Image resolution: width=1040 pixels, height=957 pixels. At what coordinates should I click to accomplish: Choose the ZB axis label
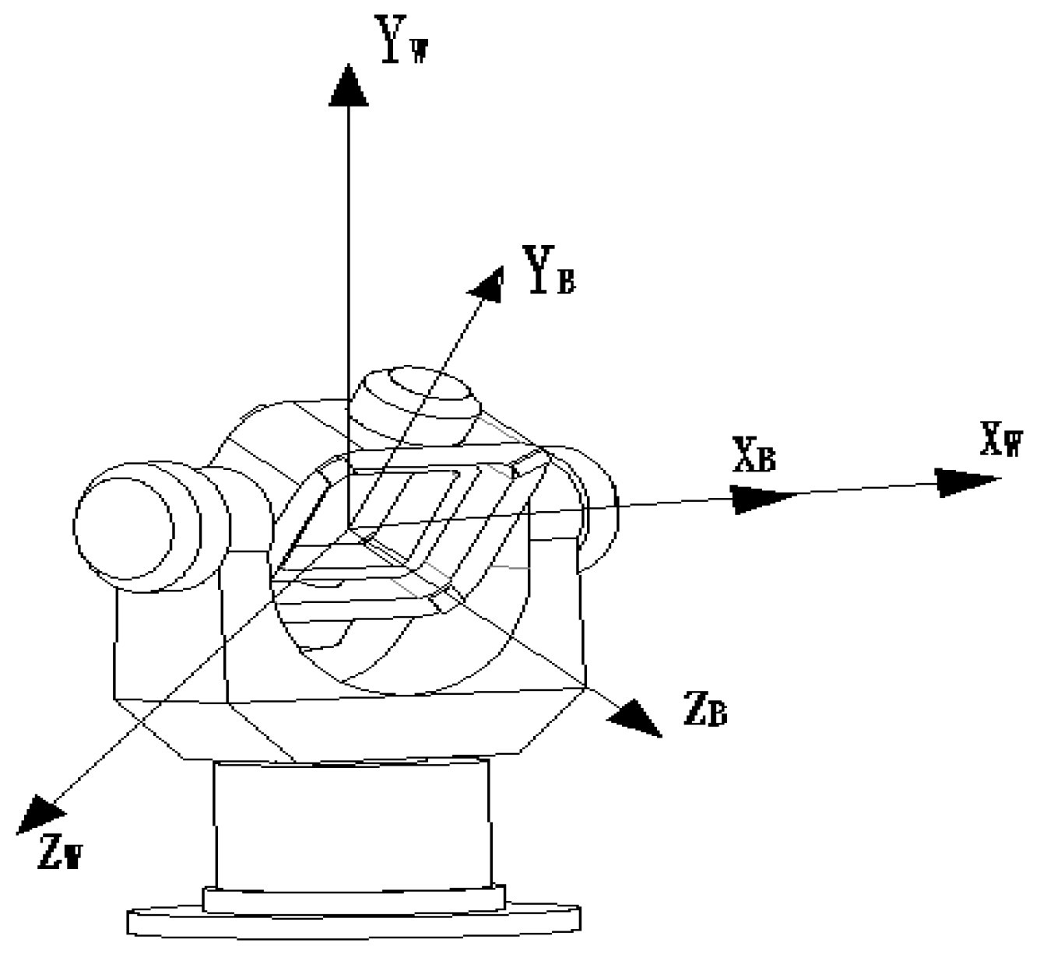[x=705, y=710]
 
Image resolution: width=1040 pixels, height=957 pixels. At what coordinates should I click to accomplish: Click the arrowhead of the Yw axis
[x=348, y=84]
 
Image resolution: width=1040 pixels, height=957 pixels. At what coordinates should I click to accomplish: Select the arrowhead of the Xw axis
[x=965, y=482]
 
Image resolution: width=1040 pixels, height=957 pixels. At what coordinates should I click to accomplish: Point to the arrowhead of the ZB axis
[x=634, y=716]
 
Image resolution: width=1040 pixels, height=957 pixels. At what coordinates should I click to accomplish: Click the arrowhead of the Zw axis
[x=40, y=812]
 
